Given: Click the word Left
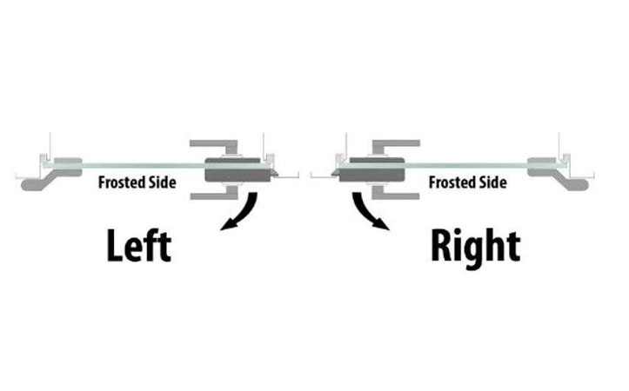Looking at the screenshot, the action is pyautogui.click(x=139, y=246).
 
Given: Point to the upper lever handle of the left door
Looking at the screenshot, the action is pyautogui.click(x=217, y=146).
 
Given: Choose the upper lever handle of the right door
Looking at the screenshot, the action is pyautogui.click(x=393, y=146).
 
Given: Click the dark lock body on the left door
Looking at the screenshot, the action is pyautogui.click(x=237, y=170).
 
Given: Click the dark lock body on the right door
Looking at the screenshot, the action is pyautogui.click(x=371, y=170).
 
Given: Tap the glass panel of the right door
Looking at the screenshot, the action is pyautogui.click(x=465, y=165).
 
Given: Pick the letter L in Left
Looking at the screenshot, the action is pyautogui.click(x=114, y=246).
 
